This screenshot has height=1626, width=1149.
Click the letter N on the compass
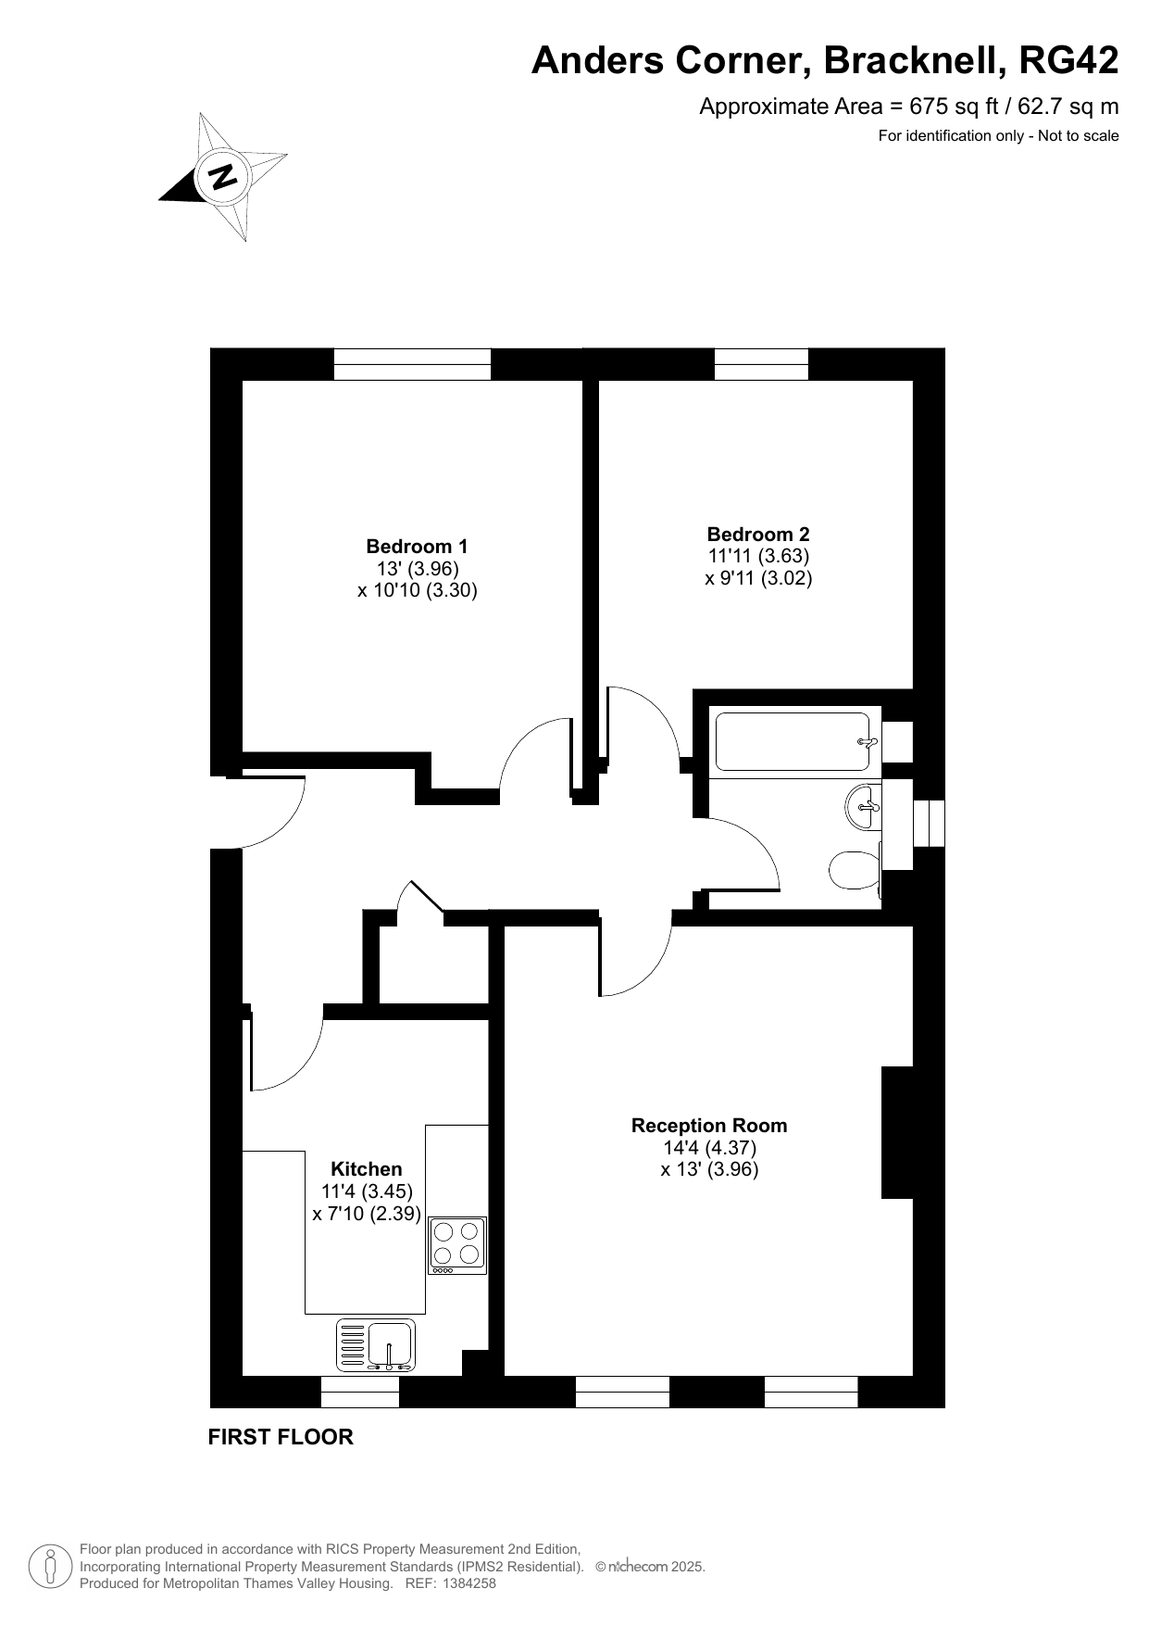[x=222, y=176]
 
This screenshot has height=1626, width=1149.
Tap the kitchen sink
[x=376, y=1345]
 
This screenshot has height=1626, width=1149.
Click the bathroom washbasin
[x=863, y=807]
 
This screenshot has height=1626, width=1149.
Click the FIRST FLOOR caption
[x=281, y=1437]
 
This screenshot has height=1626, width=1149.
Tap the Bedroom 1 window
[x=412, y=364]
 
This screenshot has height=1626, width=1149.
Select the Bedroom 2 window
[x=761, y=364]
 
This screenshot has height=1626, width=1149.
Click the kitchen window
[x=360, y=1392]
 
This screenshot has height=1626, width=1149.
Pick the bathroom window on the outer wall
[x=929, y=824]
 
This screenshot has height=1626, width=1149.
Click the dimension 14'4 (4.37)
[x=709, y=1148]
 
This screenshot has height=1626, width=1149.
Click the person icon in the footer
[x=51, y=1566]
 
